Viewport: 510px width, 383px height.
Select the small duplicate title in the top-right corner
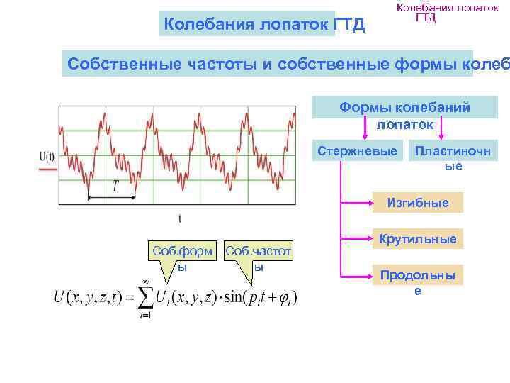click(448, 12)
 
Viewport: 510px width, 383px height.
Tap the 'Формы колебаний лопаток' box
click(404, 114)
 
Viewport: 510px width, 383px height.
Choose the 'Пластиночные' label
click(453, 157)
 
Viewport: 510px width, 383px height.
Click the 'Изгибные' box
click(417, 203)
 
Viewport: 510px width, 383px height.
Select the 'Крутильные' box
click(417, 239)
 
